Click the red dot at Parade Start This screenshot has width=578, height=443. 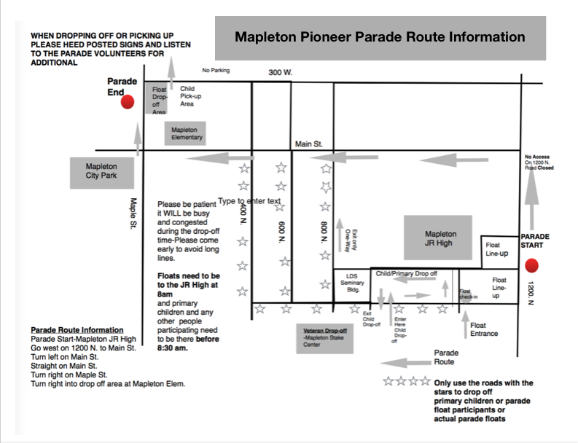[531, 265]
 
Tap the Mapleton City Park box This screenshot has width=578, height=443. [101, 171]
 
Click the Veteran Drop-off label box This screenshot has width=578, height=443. [327, 334]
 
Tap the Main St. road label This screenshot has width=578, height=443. [308, 144]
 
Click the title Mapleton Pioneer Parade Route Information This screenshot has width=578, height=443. [380, 36]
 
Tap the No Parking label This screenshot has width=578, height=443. [216, 71]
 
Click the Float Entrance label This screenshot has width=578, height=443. [484, 329]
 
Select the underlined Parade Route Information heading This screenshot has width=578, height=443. [77, 330]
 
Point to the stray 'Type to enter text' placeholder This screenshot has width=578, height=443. [249, 200]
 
